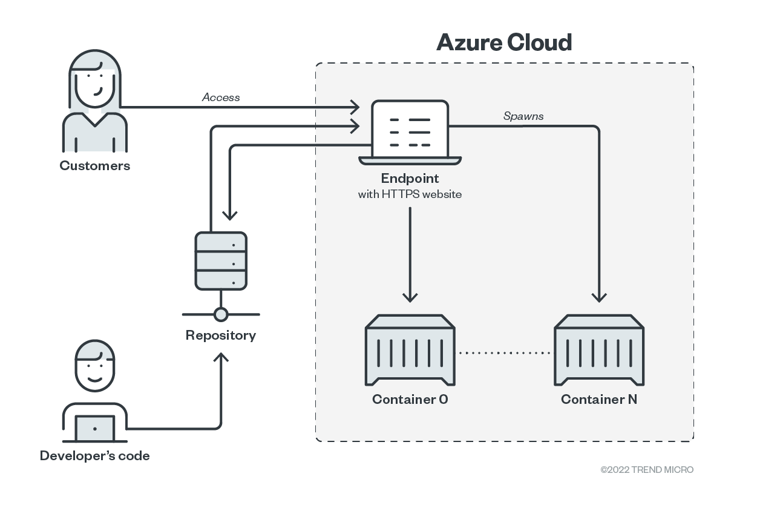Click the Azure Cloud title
(504, 42)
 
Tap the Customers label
(94, 165)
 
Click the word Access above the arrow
(221, 97)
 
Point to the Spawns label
(523, 116)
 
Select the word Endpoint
(410, 179)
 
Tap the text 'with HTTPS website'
(410, 194)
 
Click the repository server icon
(221, 260)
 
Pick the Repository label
(221, 335)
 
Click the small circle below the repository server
(221, 314)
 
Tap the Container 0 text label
(410, 400)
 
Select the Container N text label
(599, 400)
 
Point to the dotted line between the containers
(505, 352)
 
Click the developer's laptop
(94, 428)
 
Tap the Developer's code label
(94, 456)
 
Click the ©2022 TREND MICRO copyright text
(647, 470)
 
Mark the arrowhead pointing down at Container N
(599, 297)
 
